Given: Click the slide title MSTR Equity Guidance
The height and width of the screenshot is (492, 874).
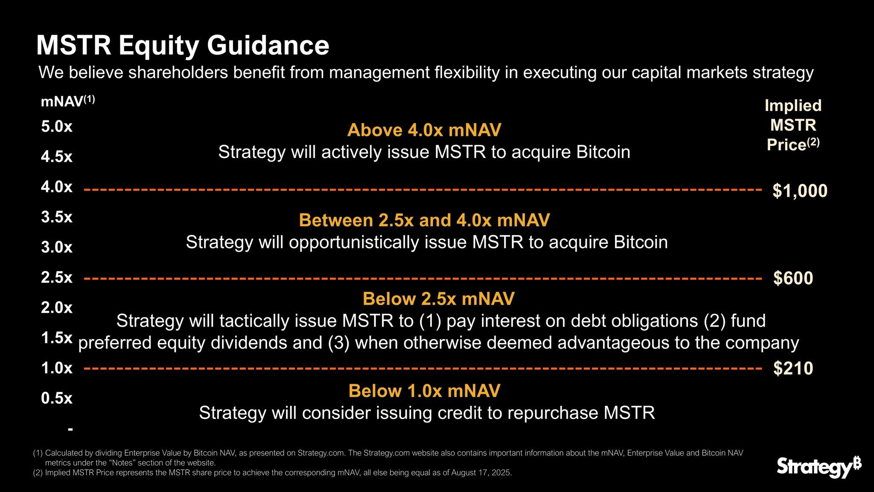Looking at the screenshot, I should pyautogui.click(x=183, y=45).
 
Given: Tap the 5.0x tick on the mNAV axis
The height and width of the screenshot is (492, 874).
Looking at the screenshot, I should pyautogui.click(x=57, y=126).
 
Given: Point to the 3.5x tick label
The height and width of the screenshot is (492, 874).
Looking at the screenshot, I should pyautogui.click(x=57, y=217).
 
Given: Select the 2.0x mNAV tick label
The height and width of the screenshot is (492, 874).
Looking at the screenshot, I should pyautogui.click(x=57, y=307).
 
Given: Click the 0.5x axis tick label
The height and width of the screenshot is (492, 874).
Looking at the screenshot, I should pyautogui.click(x=57, y=398).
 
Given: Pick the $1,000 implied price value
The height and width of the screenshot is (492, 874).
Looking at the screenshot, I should pyautogui.click(x=800, y=190).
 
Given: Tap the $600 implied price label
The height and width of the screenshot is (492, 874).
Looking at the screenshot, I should pyautogui.click(x=793, y=278).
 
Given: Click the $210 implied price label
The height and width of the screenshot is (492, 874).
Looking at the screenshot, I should pyautogui.click(x=793, y=368).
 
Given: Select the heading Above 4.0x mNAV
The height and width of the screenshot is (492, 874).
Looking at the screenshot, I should pyautogui.click(x=424, y=130).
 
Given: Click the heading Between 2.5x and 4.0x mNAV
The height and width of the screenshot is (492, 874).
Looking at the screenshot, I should pyautogui.click(x=424, y=220).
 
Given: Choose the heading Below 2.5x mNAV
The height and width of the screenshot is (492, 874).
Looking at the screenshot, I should pyautogui.click(x=438, y=299).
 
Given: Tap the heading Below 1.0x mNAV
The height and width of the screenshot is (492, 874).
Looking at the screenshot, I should pyautogui.click(x=424, y=391).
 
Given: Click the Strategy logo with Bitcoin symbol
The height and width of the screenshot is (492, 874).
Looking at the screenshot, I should pyautogui.click(x=819, y=467).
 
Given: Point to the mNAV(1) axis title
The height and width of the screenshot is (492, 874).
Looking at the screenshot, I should pyautogui.click(x=67, y=102).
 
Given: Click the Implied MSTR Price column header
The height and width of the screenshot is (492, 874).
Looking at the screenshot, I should pyautogui.click(x=793, y=125).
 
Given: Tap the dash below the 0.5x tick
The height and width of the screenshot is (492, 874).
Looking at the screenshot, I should pyautogui.click(x=70, y=428).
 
